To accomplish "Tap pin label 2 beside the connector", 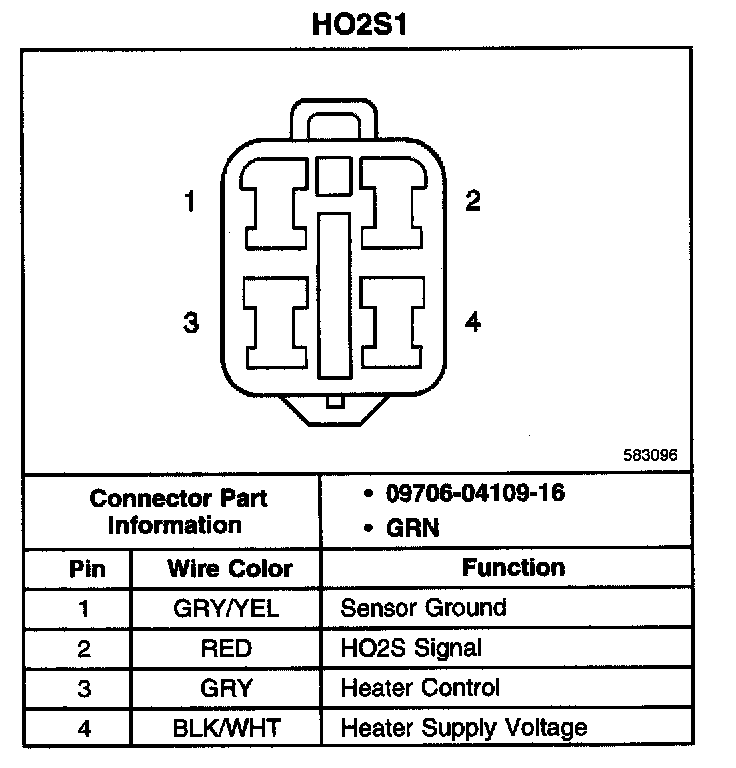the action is [x=473, y=201].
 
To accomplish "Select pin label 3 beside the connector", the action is [x=190, y=323].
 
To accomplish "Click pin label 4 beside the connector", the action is [x=473, y=322].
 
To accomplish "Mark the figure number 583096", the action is [x=650, y=454].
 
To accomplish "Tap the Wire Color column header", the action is [x=229, y=569].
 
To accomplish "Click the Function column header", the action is [x=513, y=568].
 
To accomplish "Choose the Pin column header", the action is [x=85, y=569].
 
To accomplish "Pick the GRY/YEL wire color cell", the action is [x=226, y=608].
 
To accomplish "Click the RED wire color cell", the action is [x=226, y=648].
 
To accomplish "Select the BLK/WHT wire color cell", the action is [x=226, y=728].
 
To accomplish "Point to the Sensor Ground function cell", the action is [x=423, y=608].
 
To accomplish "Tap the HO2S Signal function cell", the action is [x=411, y=648].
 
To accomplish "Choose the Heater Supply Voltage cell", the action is [x=463, y=728].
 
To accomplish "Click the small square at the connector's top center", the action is [x=330, y=177].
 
